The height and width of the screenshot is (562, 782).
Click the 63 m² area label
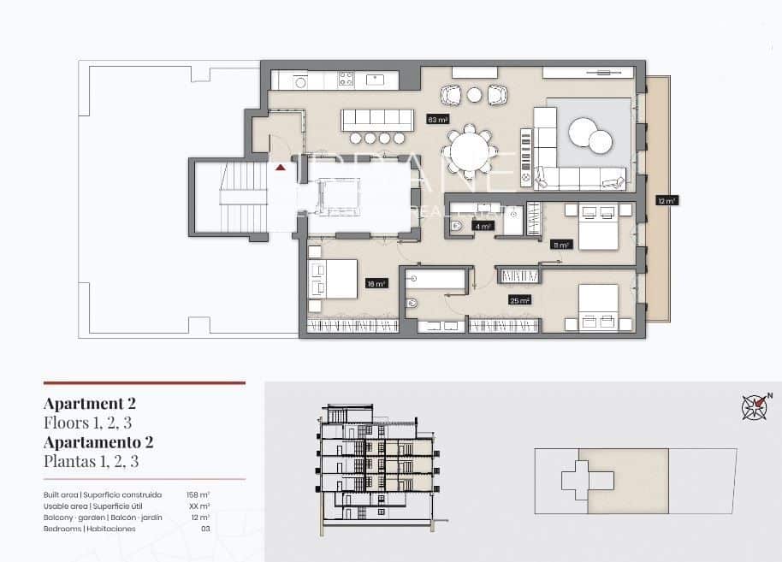(438, 120)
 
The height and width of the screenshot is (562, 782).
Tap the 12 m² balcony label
(666, 201)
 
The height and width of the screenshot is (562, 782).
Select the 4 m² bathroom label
(483, 227)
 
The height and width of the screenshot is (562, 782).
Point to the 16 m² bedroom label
(376, 283)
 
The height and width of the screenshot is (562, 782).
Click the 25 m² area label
(519, 300)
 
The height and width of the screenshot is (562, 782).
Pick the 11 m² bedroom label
(560, 244)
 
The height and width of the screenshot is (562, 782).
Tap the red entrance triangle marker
(280, 168)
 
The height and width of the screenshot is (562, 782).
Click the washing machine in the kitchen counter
(300, 81)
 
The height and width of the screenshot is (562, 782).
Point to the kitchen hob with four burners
(347, 80)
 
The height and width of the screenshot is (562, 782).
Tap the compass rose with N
(753, 406)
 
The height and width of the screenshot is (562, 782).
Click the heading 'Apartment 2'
(90, 404)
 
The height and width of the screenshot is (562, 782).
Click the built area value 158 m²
(198, 495)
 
